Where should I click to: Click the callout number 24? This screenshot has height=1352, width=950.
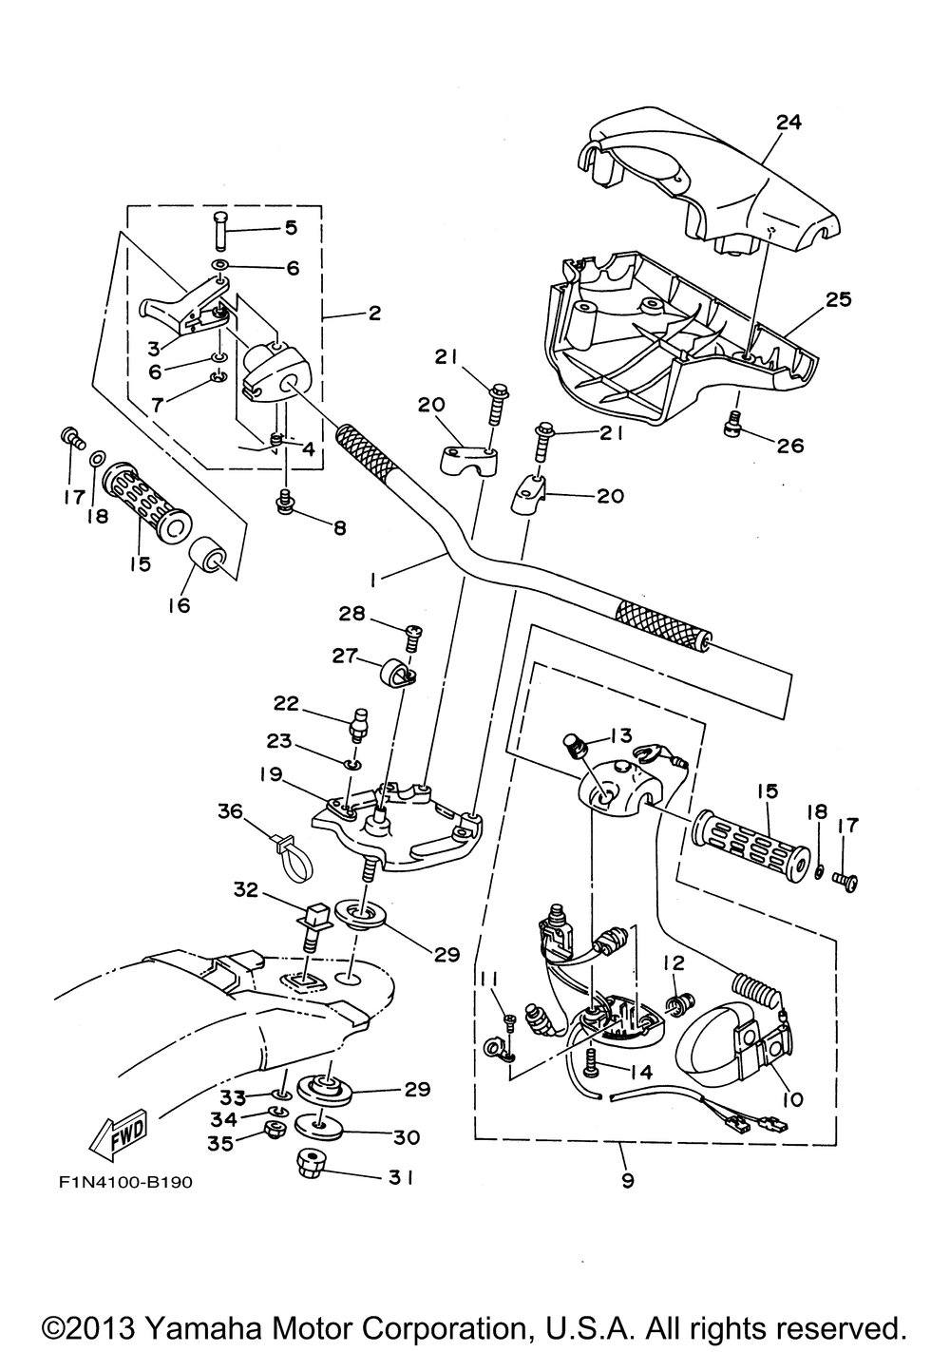[788, 122]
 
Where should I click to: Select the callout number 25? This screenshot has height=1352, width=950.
[838, 299]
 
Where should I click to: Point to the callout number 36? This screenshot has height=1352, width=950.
[231, 810]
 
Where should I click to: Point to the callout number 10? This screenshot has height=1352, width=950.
[792, 1099]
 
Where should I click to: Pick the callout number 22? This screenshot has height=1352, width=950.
[286, 704]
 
